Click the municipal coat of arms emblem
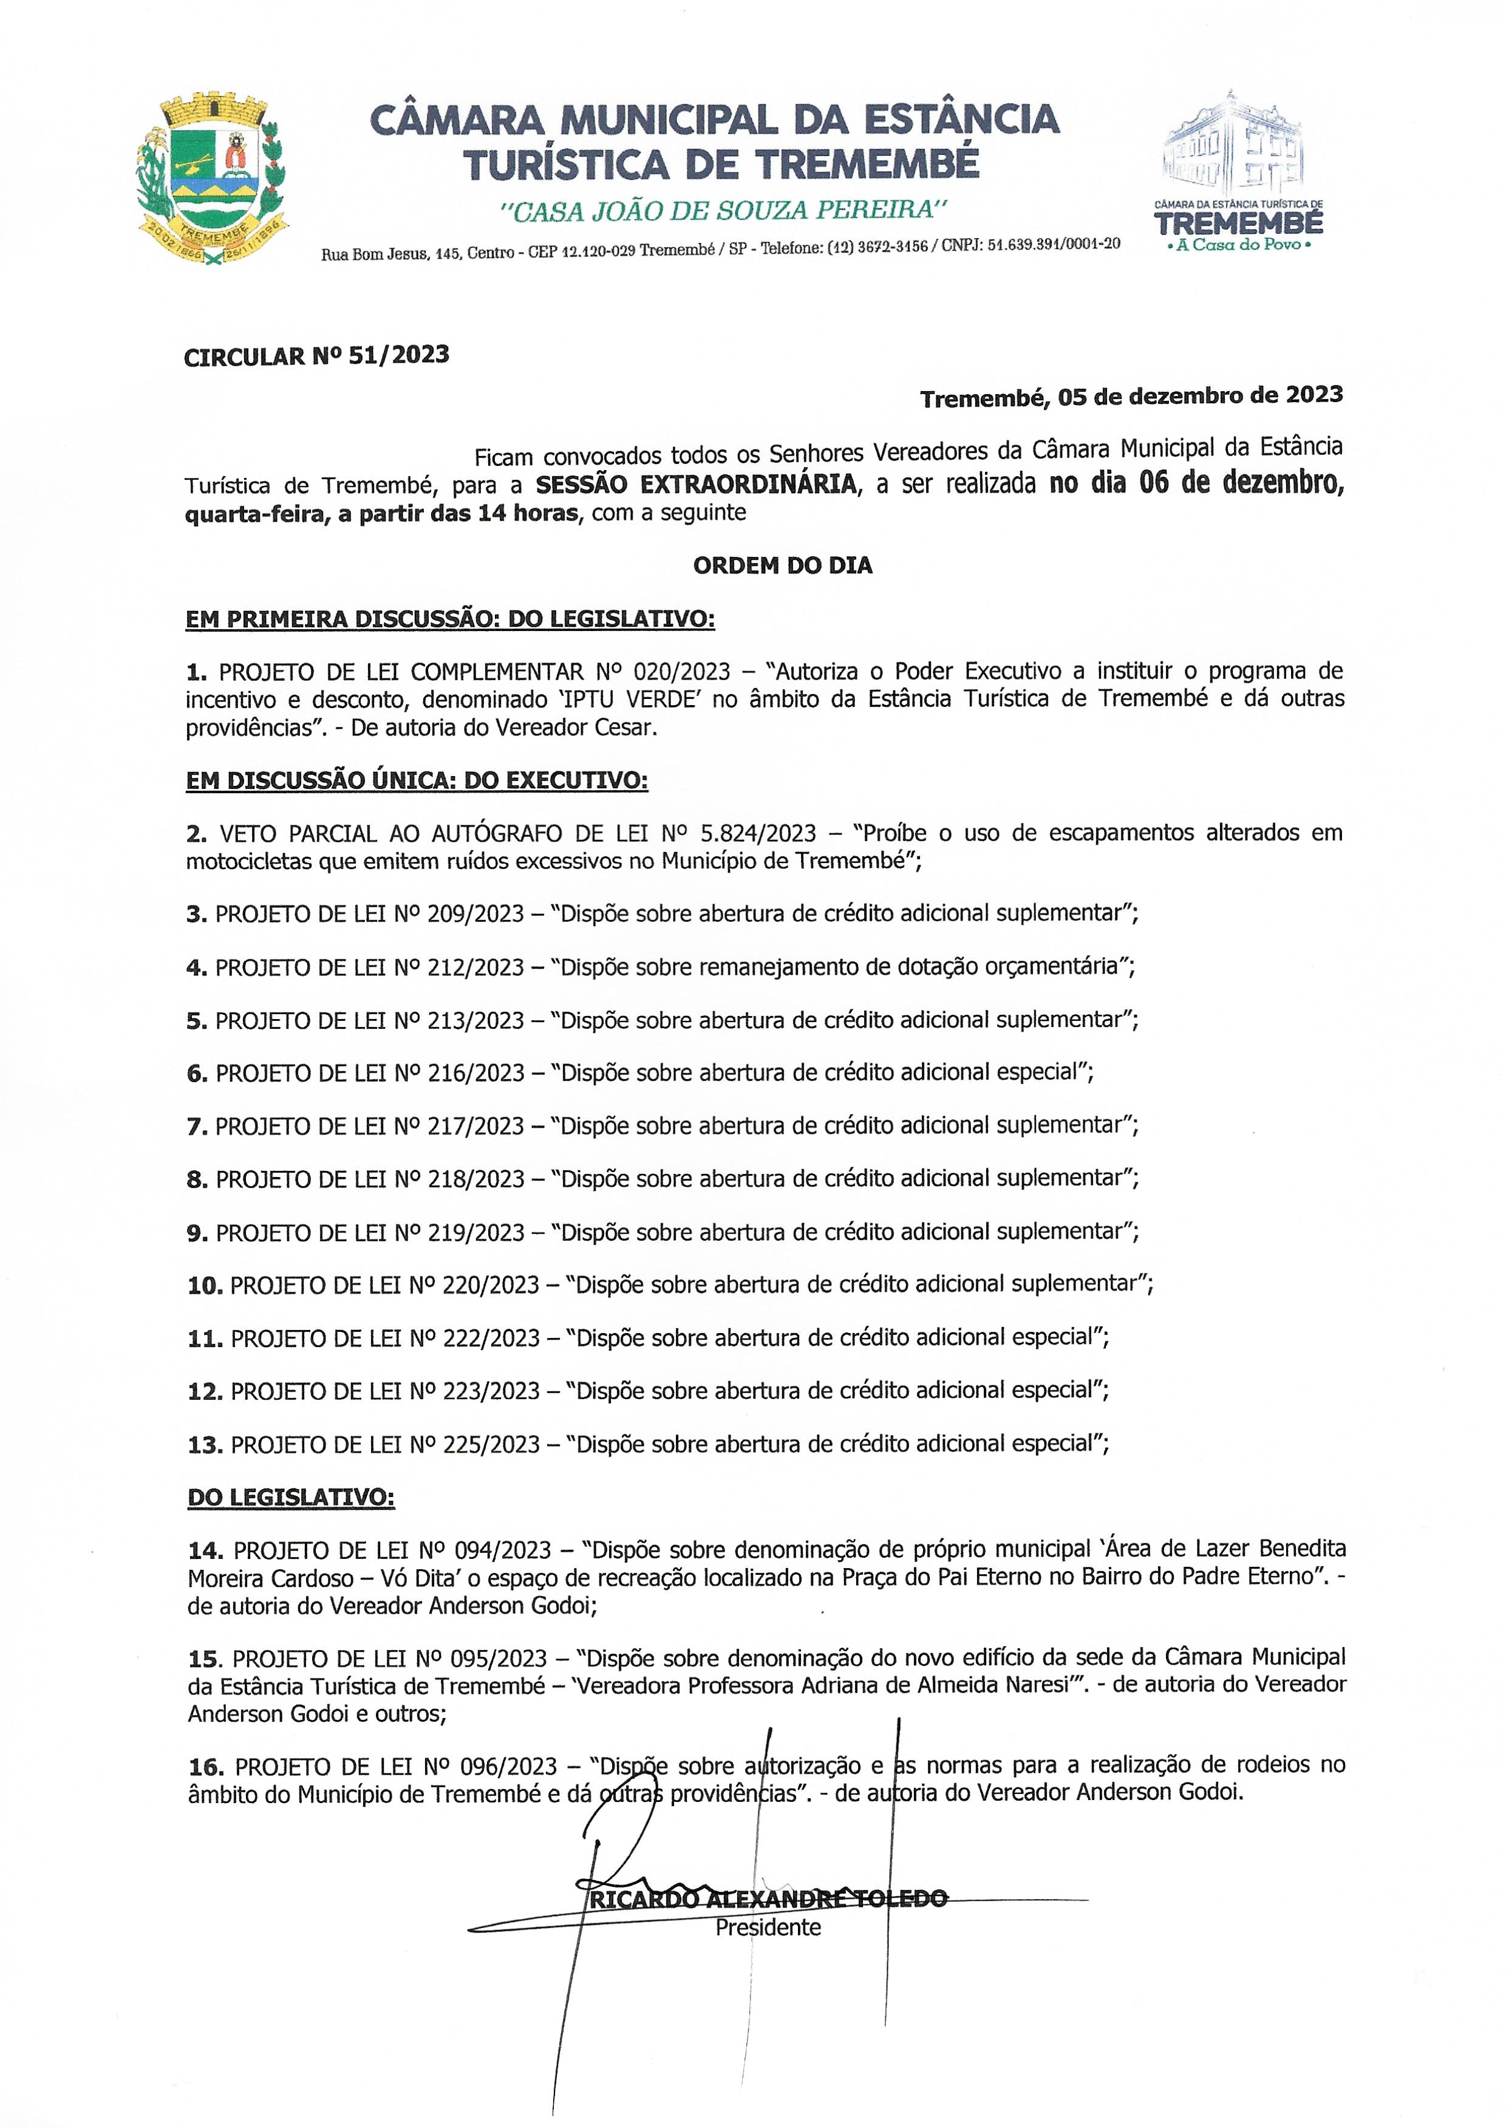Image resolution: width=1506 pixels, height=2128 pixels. [211, 179]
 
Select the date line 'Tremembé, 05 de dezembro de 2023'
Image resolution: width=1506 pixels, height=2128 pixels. [1131, 397]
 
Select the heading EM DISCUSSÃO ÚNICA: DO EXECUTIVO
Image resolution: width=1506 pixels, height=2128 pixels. [417, 781]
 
